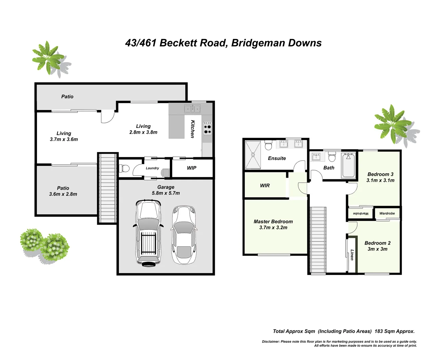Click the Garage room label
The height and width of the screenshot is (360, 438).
pyautogui.click(x=166, y=187)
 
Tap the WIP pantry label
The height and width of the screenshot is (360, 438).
pyautogui.click(x=192, y=168)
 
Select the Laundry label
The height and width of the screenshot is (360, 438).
pyautogui.click(x=152, y=168)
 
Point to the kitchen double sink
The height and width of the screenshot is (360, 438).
pyautogui.click(x=193, y=109)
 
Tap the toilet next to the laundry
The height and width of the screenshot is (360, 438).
pyautogui.click(x=125, y=168)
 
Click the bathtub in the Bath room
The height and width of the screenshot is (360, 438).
pyautogui.click(x=349, y=165)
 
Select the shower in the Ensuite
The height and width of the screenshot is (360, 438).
pyautogui.click(x=253, y=155)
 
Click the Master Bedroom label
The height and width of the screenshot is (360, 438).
pyautogui.click(x=273, y=222)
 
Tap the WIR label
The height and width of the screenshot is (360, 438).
pyautogui.click(x=265, y=186)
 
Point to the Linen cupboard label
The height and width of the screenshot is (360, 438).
pyautogui.click(x=352, y=255)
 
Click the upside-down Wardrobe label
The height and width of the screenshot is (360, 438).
pyautogui.click(x=360, y=213)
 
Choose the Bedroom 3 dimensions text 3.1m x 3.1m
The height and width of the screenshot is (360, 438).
pyautogui.click(x=380, y=180)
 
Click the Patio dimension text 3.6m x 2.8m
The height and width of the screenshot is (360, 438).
pyautogui.click(x=63, y=194)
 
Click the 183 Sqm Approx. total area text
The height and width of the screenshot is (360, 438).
pyautogui.click(x=394, y=331)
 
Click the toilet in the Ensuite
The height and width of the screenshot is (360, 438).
pyautogui.click(x=268, y=146)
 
